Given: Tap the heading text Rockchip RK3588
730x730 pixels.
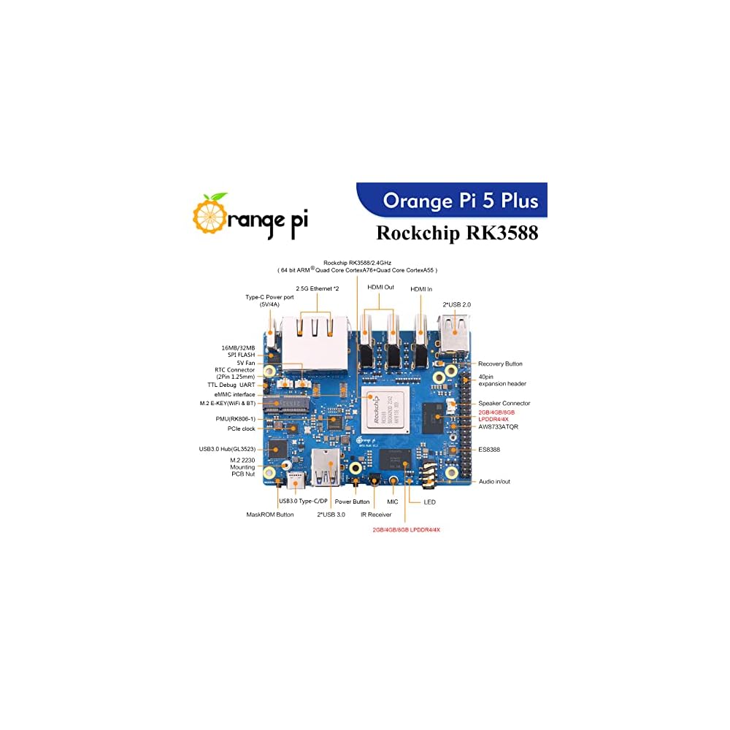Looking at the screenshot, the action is click(457, 233).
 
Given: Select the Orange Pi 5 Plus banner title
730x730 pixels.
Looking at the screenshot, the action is click(461, 200).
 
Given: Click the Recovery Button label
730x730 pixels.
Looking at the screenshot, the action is click(500, 364).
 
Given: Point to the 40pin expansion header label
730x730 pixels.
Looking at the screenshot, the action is click(502, 380).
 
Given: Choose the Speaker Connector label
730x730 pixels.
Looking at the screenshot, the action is click(504, 403).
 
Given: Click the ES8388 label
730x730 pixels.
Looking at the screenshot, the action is click(490, 449).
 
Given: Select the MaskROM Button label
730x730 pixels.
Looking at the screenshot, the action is click(270, 515).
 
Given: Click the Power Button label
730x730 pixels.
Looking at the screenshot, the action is click(352, 502).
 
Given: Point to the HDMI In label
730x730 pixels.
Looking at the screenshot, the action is click(421, 289).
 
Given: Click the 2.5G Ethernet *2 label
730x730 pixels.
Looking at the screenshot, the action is click(318, 289).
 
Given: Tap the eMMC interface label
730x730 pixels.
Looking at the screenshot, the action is click(231, 394).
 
